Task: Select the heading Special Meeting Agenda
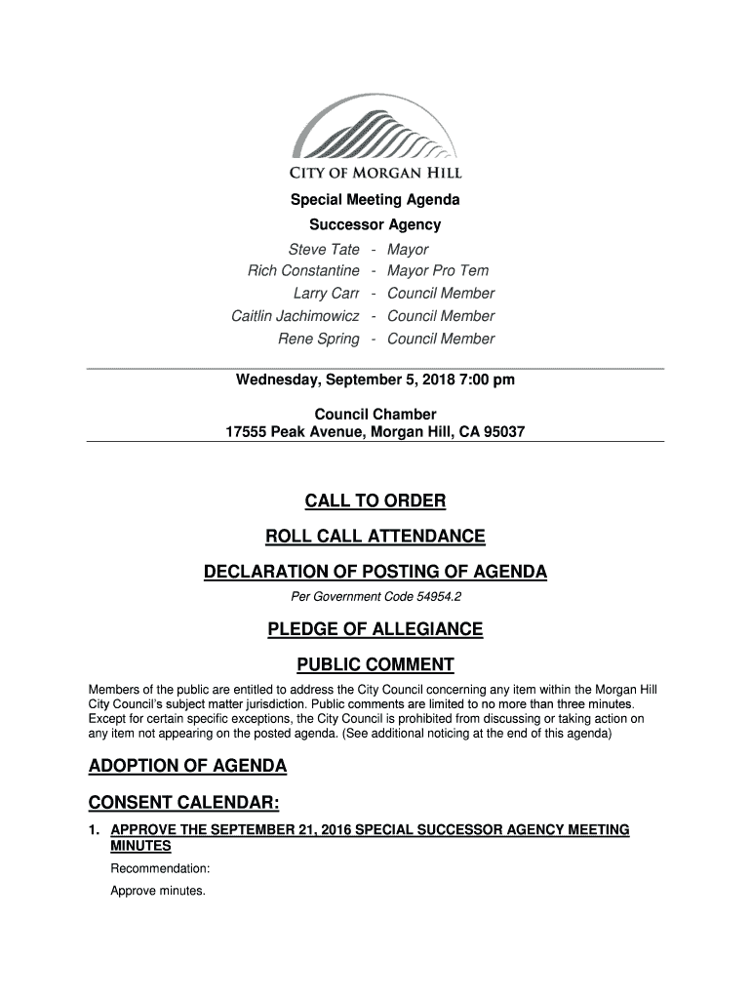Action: point(375,200)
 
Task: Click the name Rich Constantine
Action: point(303,270)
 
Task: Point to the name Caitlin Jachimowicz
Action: point(295,316)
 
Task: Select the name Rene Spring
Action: point(318,339)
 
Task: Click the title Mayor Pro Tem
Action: point(438,270)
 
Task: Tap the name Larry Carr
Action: point(326,294)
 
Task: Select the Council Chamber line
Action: point(375,415)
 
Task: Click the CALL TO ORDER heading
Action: point(375,501)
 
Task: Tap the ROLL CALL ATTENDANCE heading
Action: point(375,537)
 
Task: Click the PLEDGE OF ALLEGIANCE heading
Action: point(375,629)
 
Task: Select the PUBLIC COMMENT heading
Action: point(375,665)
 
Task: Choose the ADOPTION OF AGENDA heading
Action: point(187,766)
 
